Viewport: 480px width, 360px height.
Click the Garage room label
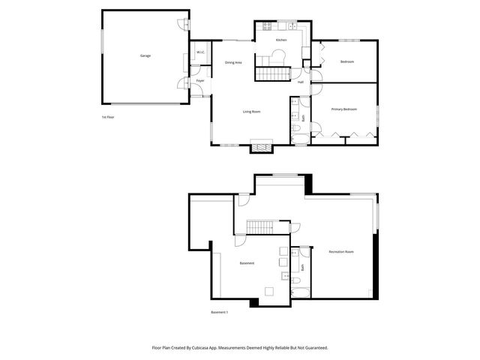tap(145, 56)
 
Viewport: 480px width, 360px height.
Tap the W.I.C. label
tap(201, 52)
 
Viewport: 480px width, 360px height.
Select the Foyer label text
tap(200, 80)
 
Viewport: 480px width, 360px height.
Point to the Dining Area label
tap(233, 62)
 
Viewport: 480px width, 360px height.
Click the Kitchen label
tap(281, 40)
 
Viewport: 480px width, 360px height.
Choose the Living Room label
tap(251, 112)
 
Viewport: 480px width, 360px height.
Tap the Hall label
tap(301, 82)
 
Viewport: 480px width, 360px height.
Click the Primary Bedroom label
tap(344, 109)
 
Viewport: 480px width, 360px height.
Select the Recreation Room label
tap(341, 251)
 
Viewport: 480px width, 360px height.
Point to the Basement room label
tap(247, 263)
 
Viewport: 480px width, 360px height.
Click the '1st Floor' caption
tap(108, 117)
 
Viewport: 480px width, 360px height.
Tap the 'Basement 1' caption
tap(219, 312)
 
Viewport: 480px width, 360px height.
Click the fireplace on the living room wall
tap(261, 147)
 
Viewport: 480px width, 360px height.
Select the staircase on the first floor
tap(272, 74)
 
